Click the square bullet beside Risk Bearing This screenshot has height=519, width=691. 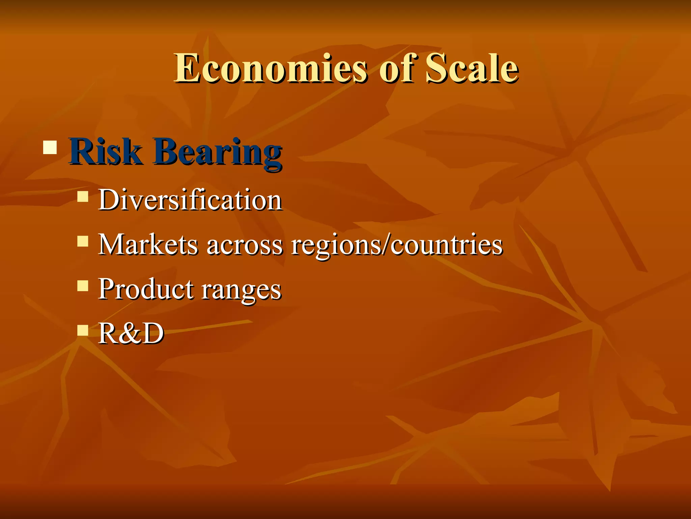pyautogui.click(x=50, y=147)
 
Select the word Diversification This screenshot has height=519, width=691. pyautogui.click(x=190, y=200)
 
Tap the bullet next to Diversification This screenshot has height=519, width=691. pyautogui.click(x=83, y=196)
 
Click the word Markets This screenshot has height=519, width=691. pyautogui.click(x=148, y=244)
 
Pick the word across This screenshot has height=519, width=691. pyautogui.click(x=245, y=245)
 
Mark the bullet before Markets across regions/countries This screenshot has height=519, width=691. pyautogui.click(x=83, y=241)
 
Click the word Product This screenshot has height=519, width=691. pyautogui.click(x=146, y=289)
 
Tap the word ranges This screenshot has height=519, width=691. pyautogui.click(x=241, y=291)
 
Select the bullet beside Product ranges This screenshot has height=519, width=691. pyautogui.click(x=83, y=286)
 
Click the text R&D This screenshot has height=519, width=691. pyautogui.click(x=131, y=333)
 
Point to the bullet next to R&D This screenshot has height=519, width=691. pyautogui.click(x=83, y=330)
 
